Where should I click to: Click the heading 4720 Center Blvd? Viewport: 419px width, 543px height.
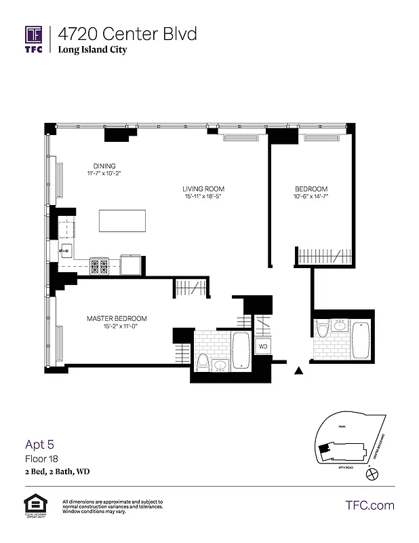tap(128, 33)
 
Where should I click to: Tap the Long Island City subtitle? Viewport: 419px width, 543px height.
tap(92, 50)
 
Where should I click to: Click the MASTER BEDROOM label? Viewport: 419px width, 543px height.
tap(117, 318)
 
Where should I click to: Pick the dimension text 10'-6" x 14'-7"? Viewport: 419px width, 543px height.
tap(311, 197)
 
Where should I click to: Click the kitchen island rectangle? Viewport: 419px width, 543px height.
tap(123, 221)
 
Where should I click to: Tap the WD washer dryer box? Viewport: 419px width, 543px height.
tap(262, 346)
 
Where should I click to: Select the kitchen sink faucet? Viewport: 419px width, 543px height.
tap(65, 250)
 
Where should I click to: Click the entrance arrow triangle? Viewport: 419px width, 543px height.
tap(298, 371)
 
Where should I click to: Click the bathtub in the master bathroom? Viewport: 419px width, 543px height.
tap(241, 350)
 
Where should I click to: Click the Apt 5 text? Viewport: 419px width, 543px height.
tap(39, 445)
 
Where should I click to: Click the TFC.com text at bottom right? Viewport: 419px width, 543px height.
tap(370, 505)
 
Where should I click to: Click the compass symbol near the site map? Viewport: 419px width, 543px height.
tap(370, 476)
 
